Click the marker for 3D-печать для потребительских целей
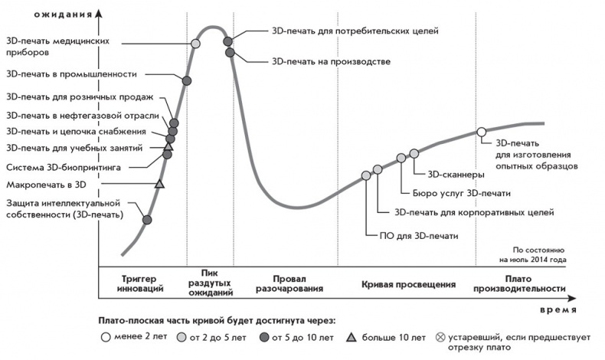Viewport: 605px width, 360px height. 227,41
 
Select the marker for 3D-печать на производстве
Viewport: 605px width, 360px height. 229,52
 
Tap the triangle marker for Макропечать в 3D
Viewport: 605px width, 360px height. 159,184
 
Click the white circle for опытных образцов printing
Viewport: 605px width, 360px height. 482,132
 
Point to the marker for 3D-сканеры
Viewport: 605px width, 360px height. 414,153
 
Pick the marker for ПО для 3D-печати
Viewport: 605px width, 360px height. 366,175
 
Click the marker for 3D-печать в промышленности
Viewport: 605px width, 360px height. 187,80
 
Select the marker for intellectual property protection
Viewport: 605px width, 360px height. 147,220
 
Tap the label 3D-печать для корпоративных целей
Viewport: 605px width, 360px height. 474,212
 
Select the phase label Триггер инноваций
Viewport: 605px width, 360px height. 142,283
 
